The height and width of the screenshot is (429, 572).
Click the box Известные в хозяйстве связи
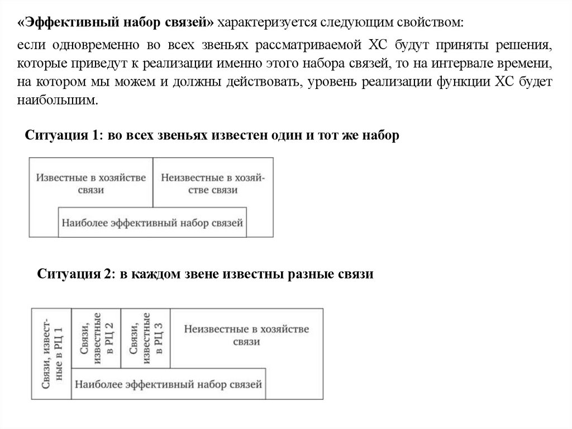tap(91, 183)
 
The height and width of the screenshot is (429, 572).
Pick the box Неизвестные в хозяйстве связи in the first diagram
tap(213, 183)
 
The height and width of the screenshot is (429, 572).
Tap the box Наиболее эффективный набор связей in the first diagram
tap(153, 222)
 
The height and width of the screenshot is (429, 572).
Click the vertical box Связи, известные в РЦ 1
tap(52, 353)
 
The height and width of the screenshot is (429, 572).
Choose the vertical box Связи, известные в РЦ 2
tap(96, 338)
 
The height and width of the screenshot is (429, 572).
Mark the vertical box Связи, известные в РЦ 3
tap(145, 338)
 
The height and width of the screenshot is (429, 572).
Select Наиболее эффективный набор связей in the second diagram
tap(168, 384)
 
